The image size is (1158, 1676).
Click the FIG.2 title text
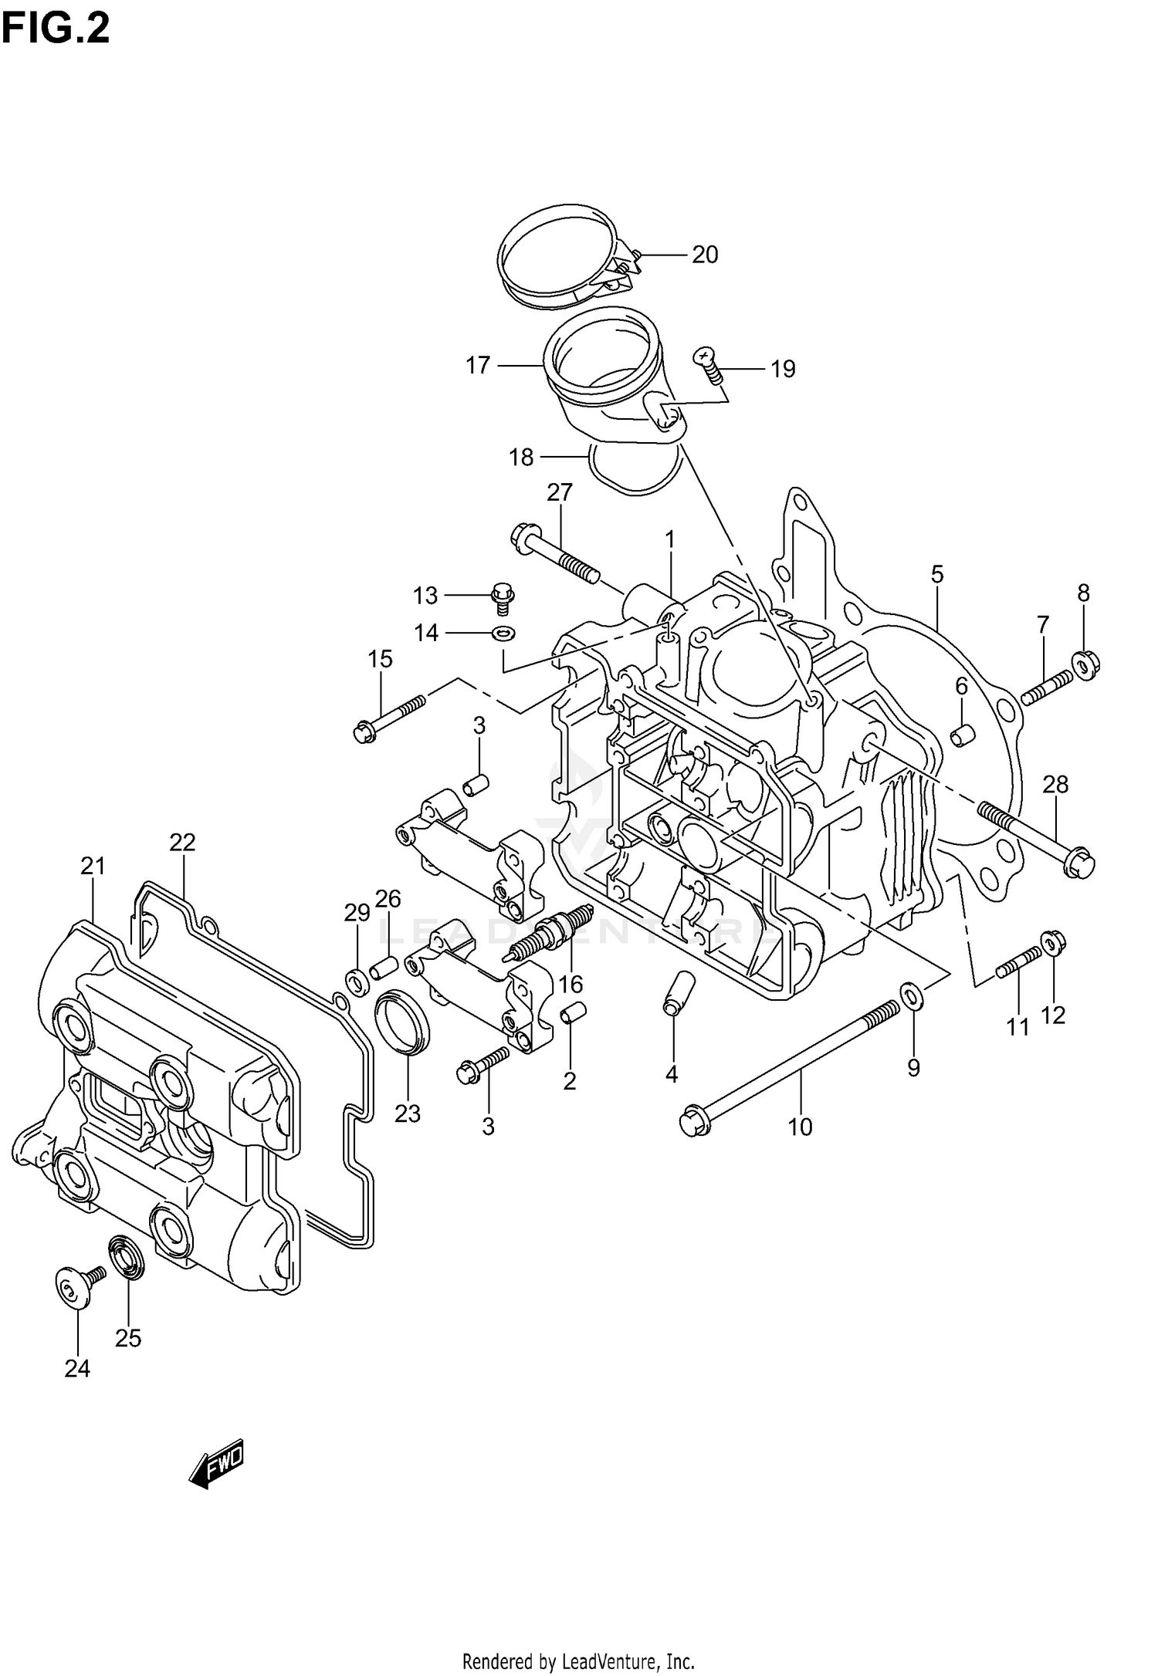click(56, 29)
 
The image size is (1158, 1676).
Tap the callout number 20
click(704, 255)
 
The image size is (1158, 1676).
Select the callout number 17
click(478, 365)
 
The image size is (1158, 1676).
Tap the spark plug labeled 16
click(547, 935)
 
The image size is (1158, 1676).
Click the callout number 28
click(1055, 785)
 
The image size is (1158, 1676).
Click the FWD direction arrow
click(217, 1463)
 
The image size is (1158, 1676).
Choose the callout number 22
click(183, 842)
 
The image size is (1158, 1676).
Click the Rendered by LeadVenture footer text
click(578, 1661)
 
